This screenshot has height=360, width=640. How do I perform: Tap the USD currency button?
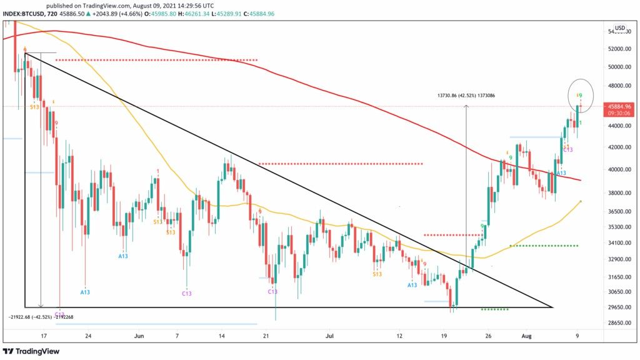point(619,28)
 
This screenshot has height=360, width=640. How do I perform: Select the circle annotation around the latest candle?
point(580,94)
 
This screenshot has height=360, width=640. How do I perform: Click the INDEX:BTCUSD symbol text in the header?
point(24,13)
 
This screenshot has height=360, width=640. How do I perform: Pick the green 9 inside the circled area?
point(581,95)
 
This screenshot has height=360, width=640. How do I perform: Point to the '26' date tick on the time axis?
point(489,335)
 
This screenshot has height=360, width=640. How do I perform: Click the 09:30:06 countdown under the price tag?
point(615,114)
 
